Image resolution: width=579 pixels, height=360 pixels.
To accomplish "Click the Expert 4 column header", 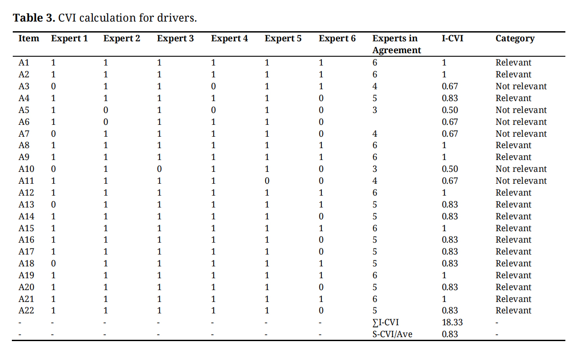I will point(229,39).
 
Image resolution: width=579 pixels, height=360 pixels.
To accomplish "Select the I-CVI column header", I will point(452,39).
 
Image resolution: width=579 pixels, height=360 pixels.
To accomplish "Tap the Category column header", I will point(515,39).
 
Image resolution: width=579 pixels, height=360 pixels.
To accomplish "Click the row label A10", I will point(26,169).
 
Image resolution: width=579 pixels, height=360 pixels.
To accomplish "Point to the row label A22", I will point(26,311).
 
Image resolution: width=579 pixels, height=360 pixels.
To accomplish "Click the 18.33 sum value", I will point(452,323).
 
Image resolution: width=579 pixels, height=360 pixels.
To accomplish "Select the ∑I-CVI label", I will point(386,323).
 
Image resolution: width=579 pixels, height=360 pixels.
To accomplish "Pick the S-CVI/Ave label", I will point(392,335).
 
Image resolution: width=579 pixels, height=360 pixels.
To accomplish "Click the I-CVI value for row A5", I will point(450,110).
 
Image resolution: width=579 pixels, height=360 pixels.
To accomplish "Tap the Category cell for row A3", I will point(521,87).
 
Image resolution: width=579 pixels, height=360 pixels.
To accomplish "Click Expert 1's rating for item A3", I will point(54,87).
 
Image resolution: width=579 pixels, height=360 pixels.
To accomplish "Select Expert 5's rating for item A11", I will point(267,181).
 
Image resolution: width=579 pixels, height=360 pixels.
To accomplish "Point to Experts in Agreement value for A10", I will point(375,169).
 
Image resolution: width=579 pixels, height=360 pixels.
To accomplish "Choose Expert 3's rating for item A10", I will point(159,169).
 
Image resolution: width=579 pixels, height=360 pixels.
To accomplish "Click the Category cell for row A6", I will point(521,122).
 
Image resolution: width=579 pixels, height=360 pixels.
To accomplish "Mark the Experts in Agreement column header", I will point(396,44).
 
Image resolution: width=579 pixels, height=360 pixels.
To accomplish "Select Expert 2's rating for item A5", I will point(106,110).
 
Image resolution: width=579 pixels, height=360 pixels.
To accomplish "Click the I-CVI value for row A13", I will point(450,205).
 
